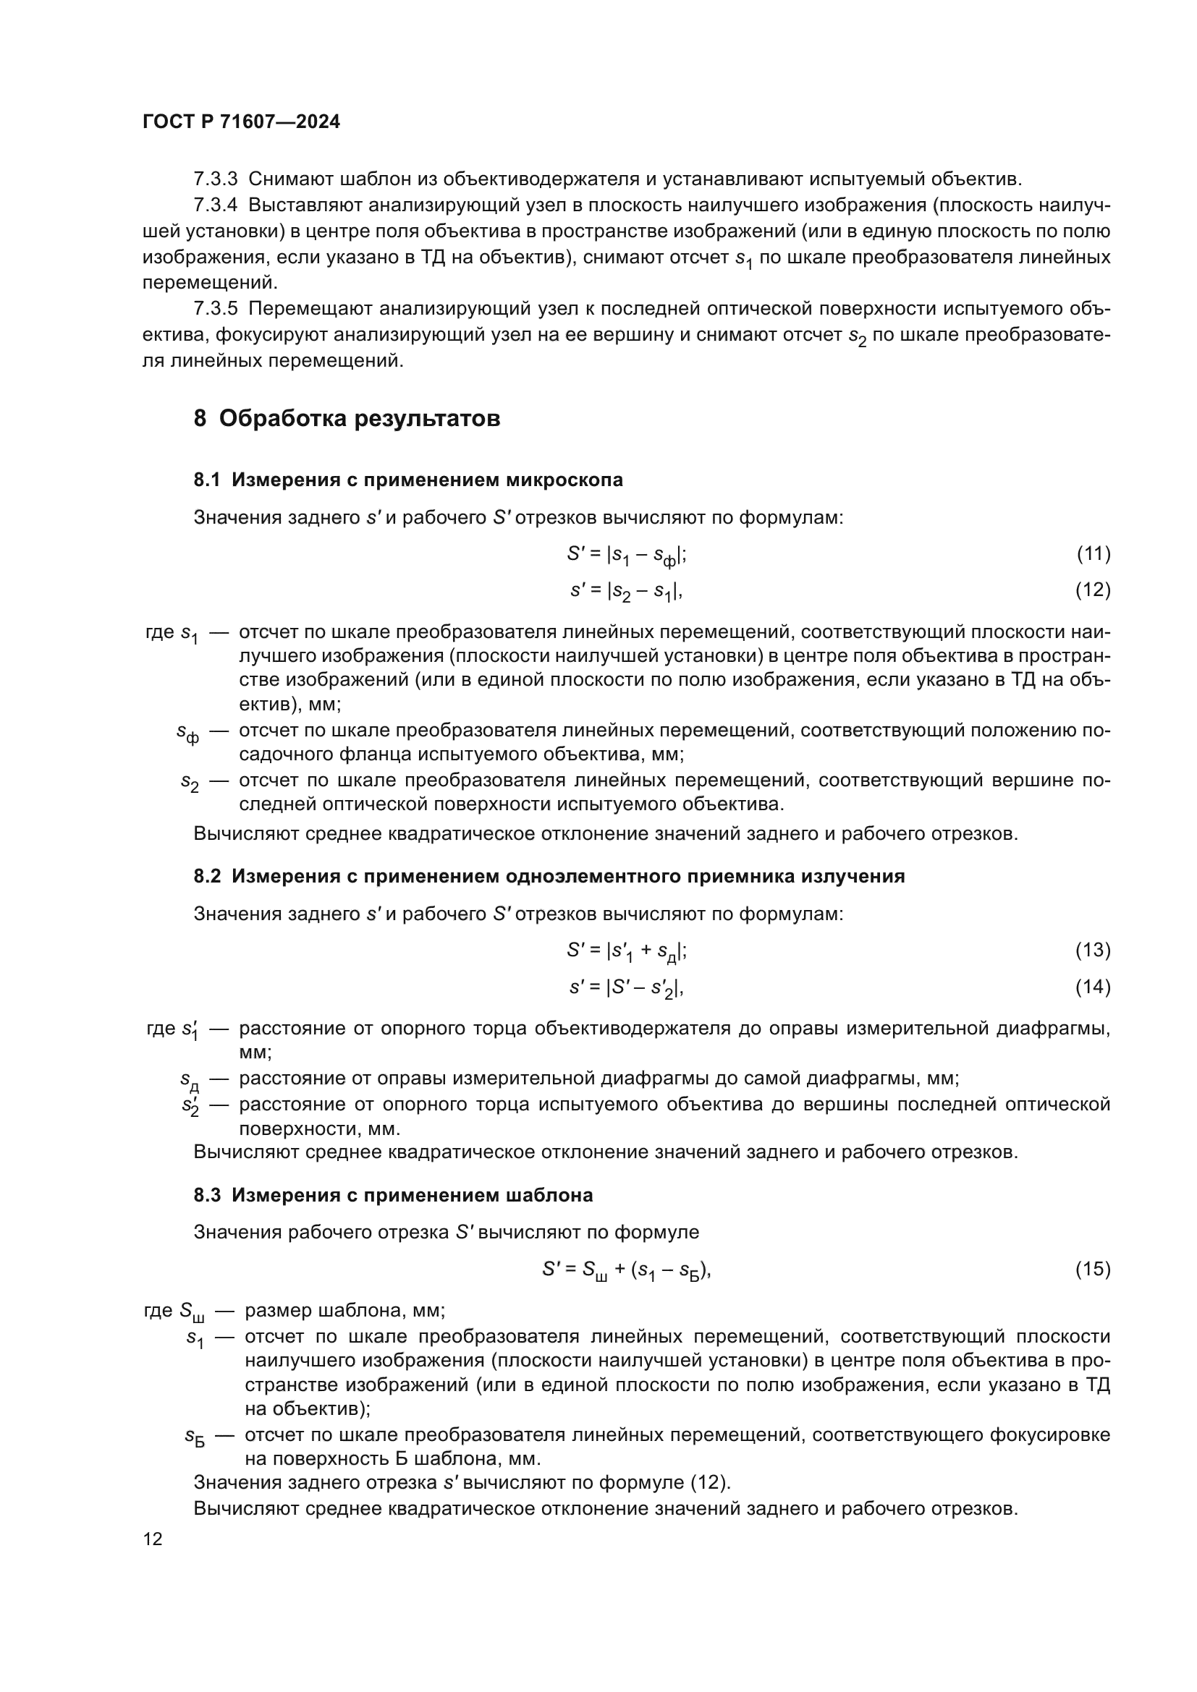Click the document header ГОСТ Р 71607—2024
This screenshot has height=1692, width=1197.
(x=241, y=122)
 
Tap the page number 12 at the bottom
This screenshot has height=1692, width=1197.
(x=153, y=1539)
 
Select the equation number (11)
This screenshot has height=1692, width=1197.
(x=1093, y=553)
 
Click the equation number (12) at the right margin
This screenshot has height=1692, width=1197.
(x=1093, y=590)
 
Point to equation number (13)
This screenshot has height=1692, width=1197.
(x=1093, y=950)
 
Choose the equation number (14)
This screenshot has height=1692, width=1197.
(x=1093, y=986)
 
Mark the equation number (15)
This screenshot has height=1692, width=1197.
(x=1093, y=1268)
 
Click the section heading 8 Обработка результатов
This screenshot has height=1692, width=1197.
(x=347, y=419)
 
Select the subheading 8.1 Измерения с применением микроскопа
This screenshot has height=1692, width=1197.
(x=407, y=480)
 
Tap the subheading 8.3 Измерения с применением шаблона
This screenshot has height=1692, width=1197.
(x=393, y=1195)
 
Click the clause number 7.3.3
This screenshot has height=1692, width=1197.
(x=215, y=179)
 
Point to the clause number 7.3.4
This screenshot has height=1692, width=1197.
(x=215, y=205)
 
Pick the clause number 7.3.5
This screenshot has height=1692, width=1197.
(x=215, y=309)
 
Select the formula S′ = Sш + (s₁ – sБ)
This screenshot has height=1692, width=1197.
(x=627, y=1270)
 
